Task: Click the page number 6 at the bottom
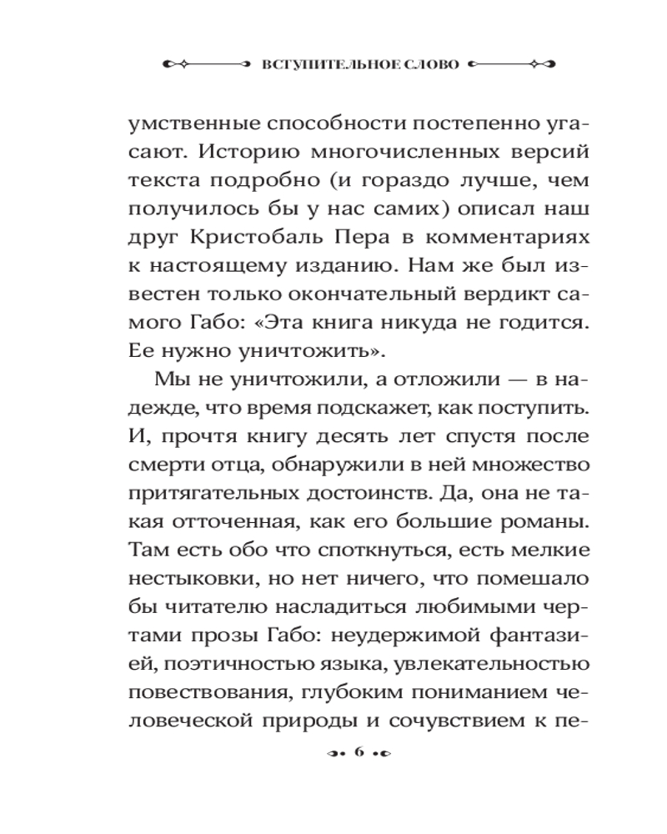(360, 753)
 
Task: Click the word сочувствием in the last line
(453, 725)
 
